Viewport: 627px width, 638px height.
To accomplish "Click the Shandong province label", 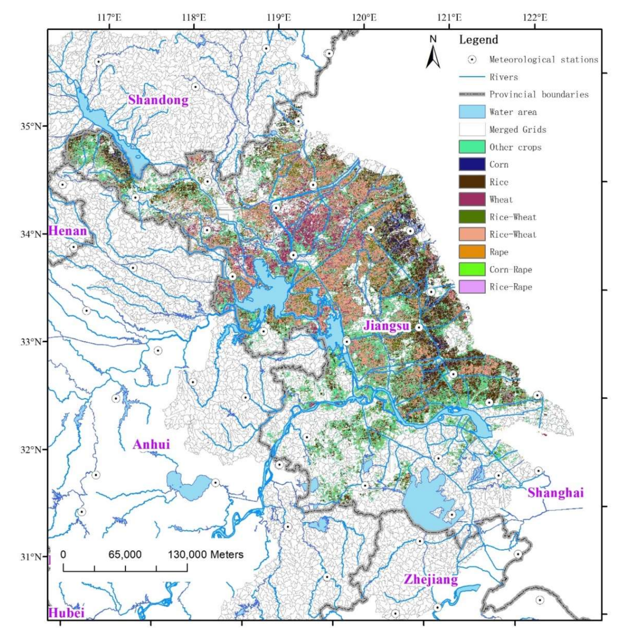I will (x=158, y=100).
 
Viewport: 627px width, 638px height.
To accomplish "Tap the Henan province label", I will (x=68, y=231).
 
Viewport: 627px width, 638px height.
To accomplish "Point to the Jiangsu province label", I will (x=387, y=326).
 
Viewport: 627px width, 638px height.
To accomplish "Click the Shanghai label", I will (x=556, y=502).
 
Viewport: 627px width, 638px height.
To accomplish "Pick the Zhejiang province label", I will (x=431, y=589).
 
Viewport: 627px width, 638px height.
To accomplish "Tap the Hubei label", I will (x=66, y=621).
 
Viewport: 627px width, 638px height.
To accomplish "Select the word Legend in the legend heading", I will (x=479, y=40).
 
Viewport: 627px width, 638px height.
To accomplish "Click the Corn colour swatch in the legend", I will (x=472, y=164).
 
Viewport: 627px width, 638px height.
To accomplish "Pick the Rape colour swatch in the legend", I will (x=472, y=252).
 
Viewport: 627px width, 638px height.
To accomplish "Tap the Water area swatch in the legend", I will (x=472, y=112).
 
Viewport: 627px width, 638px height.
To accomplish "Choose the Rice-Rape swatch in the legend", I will (x=472, y=287).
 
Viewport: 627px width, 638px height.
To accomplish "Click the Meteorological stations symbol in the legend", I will (x=472, y=59).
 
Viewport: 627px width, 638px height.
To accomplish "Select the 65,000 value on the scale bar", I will (x=125, y=554).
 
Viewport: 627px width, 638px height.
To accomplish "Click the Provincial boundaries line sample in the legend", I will (x=472, y=95).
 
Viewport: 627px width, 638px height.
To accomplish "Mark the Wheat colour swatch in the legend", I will (x=472, y=200).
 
